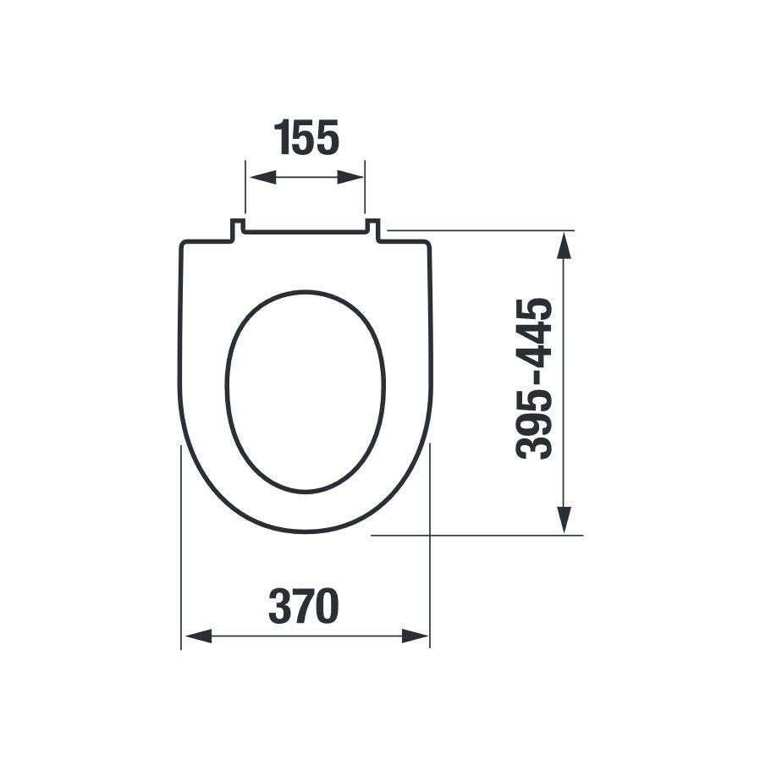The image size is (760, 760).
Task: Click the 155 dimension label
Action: (x=306, y=138)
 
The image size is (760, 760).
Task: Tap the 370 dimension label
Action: (x=304, y=606)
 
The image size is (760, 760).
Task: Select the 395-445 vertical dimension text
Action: (x=534, y=378)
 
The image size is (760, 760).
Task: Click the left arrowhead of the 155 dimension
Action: (x=262, y=178)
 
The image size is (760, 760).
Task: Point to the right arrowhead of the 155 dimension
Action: (x=350, y=178)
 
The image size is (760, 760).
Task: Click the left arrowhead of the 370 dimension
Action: (x=198, y=636)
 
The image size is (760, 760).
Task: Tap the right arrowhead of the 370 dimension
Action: (x=416, y=636)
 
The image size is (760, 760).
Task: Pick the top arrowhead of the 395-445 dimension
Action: (x=564, y=245)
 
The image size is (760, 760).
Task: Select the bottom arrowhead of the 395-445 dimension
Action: (x=564, y=520)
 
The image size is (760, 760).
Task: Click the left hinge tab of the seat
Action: (x=236, y=229)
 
